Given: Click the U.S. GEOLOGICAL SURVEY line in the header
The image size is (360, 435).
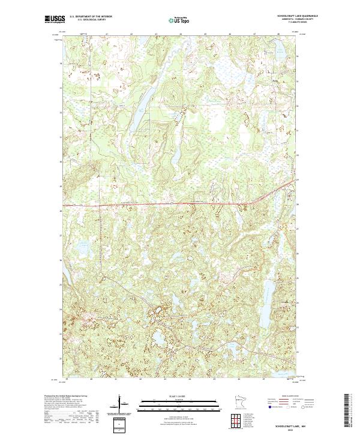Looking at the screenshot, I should [91, 20].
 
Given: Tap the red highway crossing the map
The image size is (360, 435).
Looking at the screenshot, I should [150, 205].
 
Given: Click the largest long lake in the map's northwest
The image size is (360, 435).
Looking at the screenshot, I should [139, 109].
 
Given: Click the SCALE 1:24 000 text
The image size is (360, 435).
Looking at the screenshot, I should [172, 395].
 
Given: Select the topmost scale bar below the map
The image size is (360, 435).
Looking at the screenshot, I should [172, 401].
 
